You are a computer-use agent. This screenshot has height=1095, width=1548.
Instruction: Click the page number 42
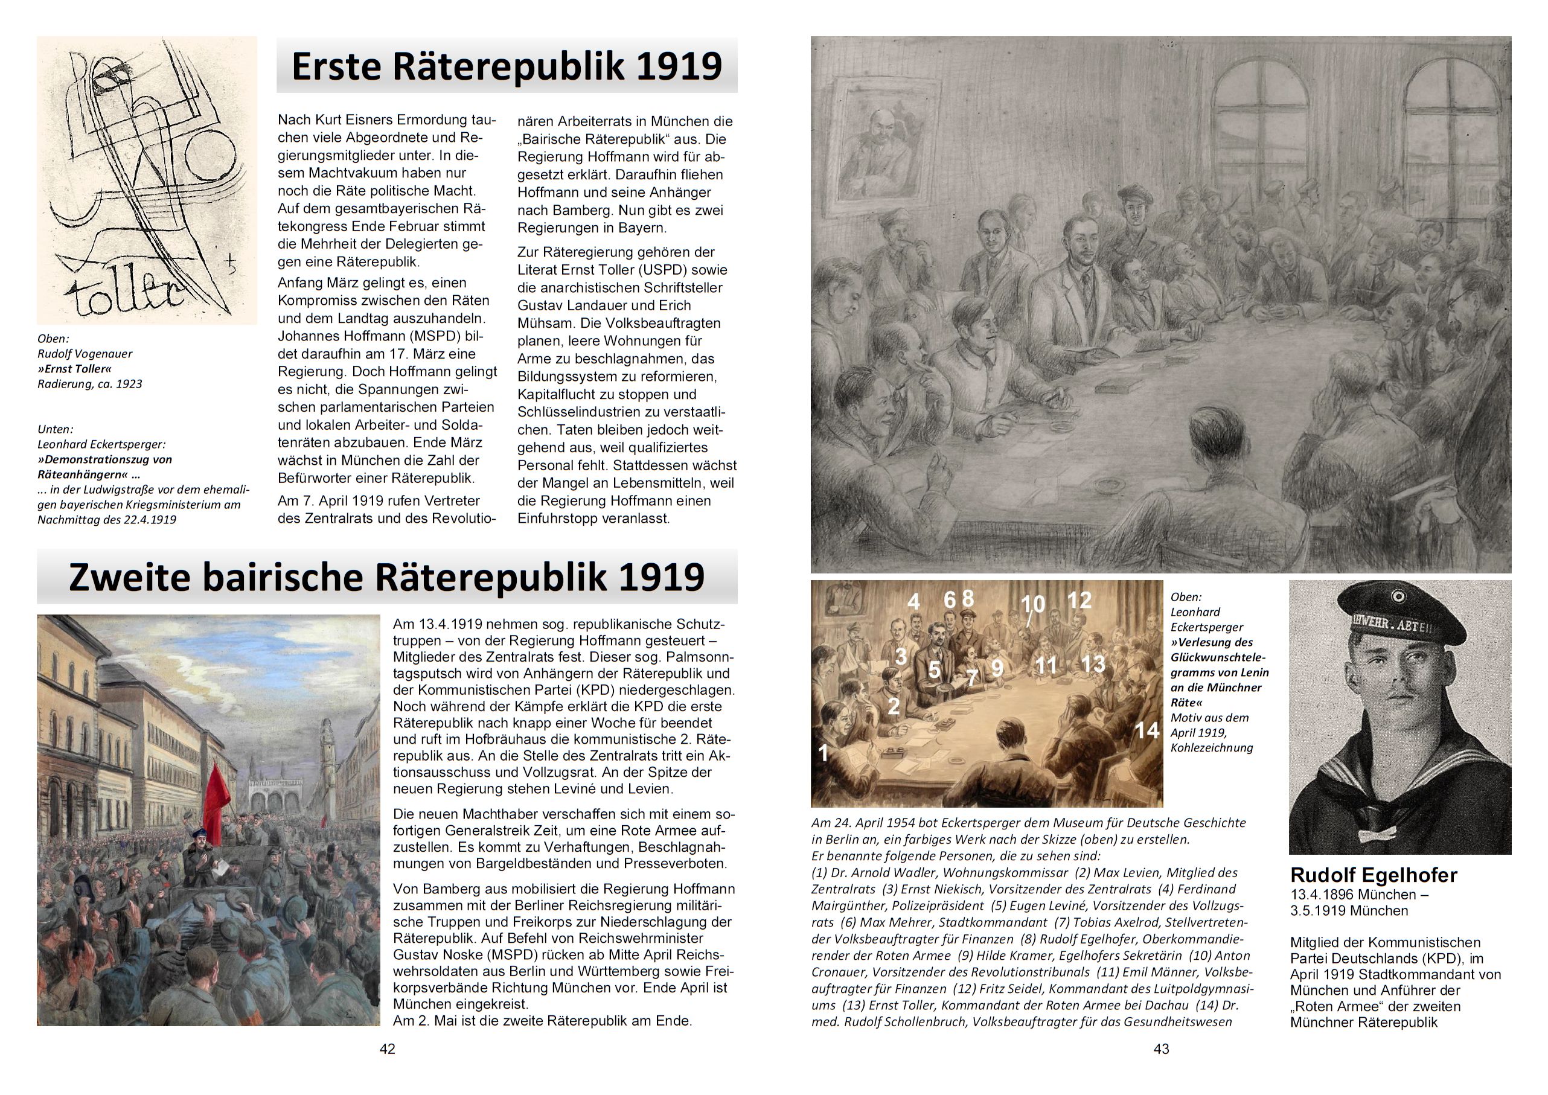[387, 1049]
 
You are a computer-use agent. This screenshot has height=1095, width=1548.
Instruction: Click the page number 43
[1161, 1049]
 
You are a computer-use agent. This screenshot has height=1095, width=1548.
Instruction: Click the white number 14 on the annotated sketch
[1145, 730]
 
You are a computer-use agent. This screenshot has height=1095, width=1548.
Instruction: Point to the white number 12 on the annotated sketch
[1079, 600]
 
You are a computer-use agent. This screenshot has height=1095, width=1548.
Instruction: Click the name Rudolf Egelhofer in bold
[1374, 875]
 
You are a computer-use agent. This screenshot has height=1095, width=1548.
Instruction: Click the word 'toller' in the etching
[125, 295]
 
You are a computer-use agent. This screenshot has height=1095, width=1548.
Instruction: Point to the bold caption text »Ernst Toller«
[74, 369]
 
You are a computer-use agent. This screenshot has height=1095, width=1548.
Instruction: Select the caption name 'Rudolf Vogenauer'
[85, 354]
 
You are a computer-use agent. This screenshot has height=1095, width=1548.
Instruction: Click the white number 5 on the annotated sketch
[934, 669]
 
